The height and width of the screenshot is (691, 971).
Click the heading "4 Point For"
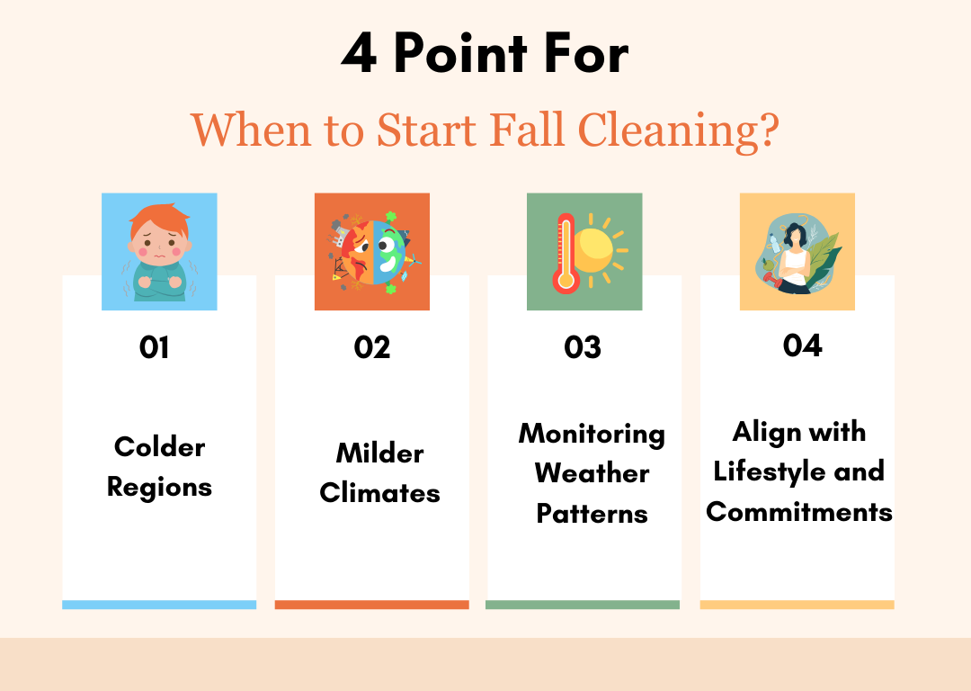click(485, 56)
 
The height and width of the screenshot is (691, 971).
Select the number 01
click(155, 347)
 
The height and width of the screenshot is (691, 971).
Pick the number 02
click(372, 347)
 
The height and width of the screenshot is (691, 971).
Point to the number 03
click(583, 347)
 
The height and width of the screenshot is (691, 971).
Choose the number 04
click(802, 345)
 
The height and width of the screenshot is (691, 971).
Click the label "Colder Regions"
click(159, 467)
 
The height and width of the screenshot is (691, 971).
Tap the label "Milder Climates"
click(379, 472)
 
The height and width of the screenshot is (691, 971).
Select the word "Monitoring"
click(592, 434)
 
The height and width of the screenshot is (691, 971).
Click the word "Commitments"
click(798, 512)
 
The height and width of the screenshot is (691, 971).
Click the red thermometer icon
click(566, 253)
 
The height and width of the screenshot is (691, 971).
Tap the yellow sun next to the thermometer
click(594, 249)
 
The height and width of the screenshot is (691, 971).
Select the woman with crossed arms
click(795, 256)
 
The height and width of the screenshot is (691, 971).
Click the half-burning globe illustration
click(372, 252)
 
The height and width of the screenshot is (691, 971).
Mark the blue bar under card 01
click(159, 605)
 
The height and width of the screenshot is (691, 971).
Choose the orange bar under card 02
click(371, 605)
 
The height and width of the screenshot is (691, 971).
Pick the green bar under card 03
click(583, 605)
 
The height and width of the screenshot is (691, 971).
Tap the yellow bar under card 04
click(797, 605)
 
